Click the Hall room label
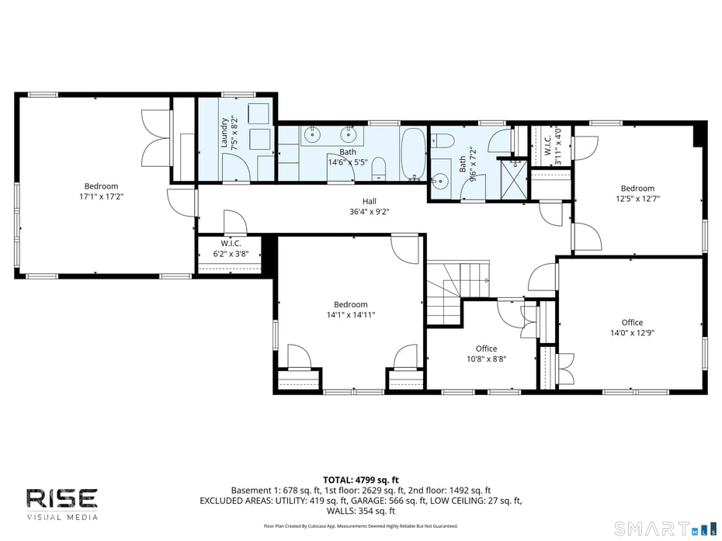click(369, 201)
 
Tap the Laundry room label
click(224, 132)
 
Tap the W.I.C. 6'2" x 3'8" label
click(231, 248)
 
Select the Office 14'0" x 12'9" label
click(632, 327)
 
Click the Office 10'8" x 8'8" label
click(486, 354)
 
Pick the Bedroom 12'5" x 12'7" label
click(637, 193)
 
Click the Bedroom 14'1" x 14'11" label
click(350, 310)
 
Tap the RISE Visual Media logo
click(62, 503)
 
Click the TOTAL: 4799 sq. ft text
click(360, 480)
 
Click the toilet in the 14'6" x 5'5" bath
click(379, 166)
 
